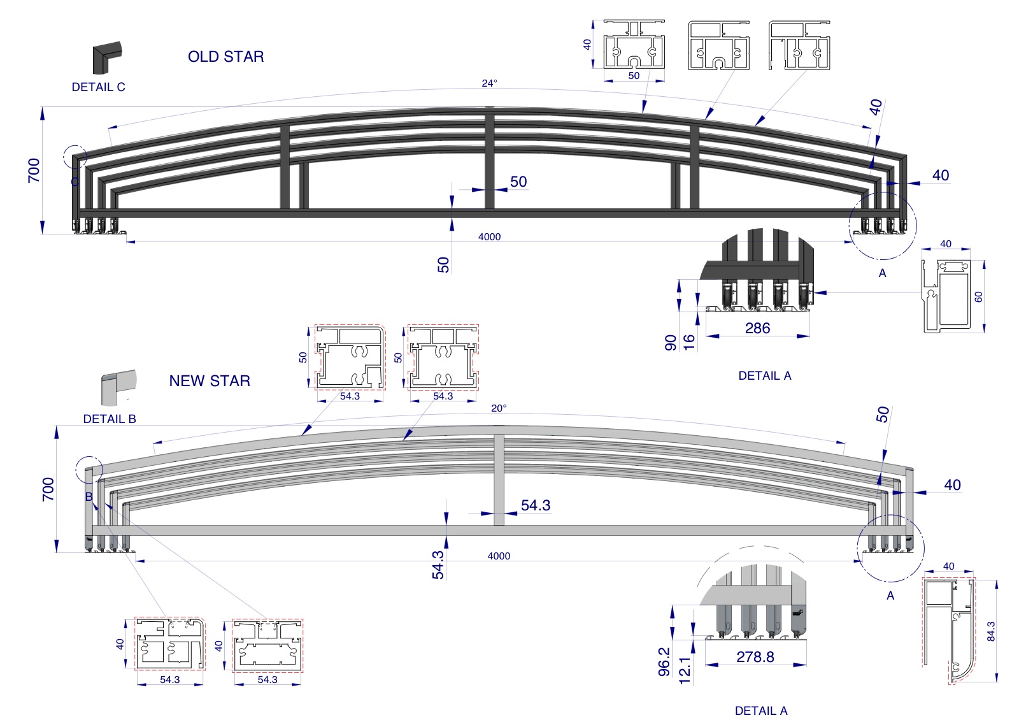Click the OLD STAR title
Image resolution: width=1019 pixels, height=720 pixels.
tap(225, 57)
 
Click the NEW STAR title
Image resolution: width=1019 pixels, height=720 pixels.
tap(210, 381)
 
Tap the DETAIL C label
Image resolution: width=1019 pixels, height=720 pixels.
tap(98, 87)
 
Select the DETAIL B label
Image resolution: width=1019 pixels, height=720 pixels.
tap(110, 419)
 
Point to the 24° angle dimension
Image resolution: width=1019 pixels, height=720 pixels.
tap(489, 83)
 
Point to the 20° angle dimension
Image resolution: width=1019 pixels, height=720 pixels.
tap(499, 408)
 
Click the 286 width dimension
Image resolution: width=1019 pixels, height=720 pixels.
tap(757, 328)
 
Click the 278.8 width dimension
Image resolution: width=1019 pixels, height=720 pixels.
tap(755, 657)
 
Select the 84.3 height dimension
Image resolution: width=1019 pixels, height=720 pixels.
tap(990, 631)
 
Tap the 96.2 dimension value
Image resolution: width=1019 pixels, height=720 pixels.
tap(664, 661)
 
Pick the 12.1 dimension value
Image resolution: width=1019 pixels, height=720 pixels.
tap(685, 671)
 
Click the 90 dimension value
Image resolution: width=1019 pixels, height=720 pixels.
tap(671, 343)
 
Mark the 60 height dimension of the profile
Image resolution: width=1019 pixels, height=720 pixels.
tap(978, 296)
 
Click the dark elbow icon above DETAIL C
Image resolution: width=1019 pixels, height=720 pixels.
tap(106, 58)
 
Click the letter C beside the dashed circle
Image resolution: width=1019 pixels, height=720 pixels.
tap(75, 182)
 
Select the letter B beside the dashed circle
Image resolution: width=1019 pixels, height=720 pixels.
tap(89, 497)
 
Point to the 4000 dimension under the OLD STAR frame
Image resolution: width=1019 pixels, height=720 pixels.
tap(489, 237)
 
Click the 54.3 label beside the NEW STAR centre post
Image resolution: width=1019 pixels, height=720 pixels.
tap(535, 505)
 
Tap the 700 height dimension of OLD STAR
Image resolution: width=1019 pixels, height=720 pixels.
tap(34, 170)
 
